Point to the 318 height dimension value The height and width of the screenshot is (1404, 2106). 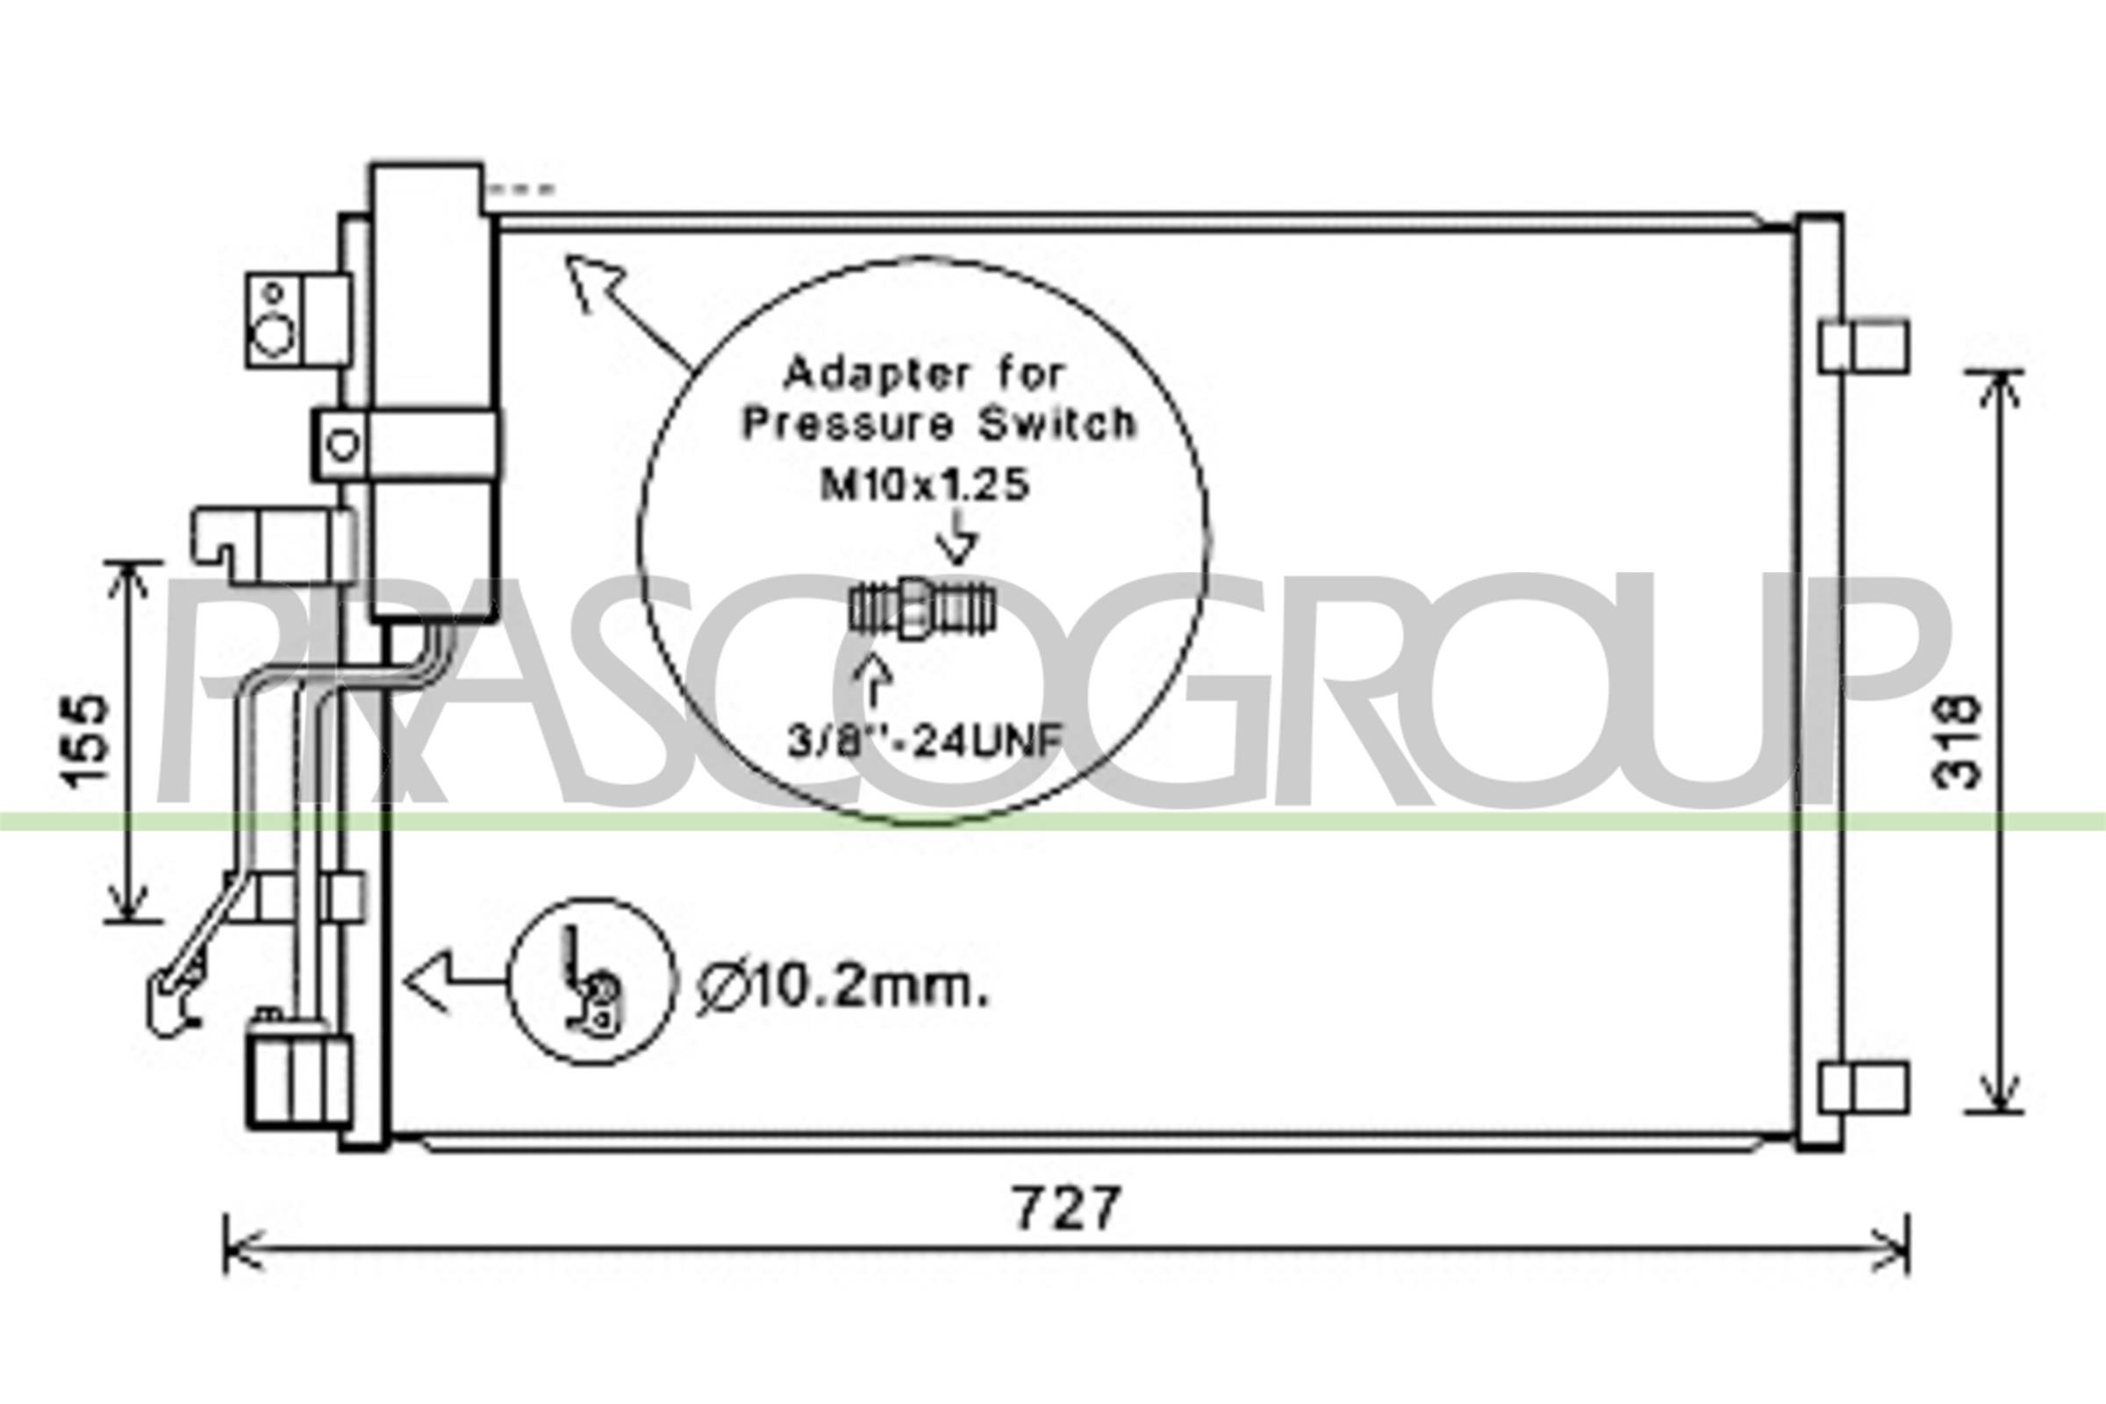point(1957,742)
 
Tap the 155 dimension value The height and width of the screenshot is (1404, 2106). point(87,742)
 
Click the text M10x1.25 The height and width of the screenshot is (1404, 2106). point(925,485)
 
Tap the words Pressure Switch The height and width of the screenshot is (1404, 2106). point(938,424)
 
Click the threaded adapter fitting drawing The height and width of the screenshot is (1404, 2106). point(921,608)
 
